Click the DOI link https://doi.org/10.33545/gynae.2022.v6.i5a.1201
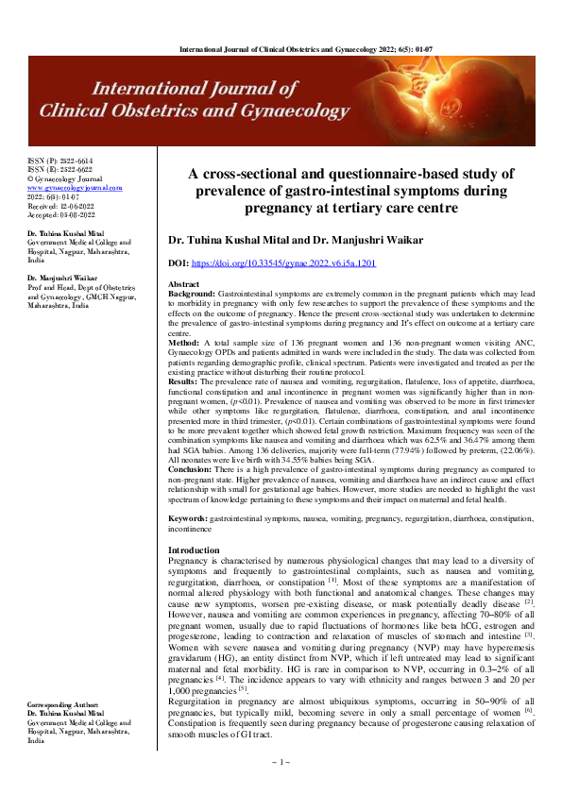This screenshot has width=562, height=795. pyautogui.click(x=284, y=265)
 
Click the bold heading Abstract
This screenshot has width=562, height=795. pyautogui.click(x=183, y=284)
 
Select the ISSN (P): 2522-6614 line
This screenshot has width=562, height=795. pyautogui.click(x=60, y=161)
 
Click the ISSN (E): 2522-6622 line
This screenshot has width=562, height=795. pyautogui.click(x=60, y=170)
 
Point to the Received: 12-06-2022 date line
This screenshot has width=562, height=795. pyautogui.click(x=60, y=205)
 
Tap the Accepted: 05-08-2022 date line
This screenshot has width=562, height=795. pyautogui.click(x=61, y=213)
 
